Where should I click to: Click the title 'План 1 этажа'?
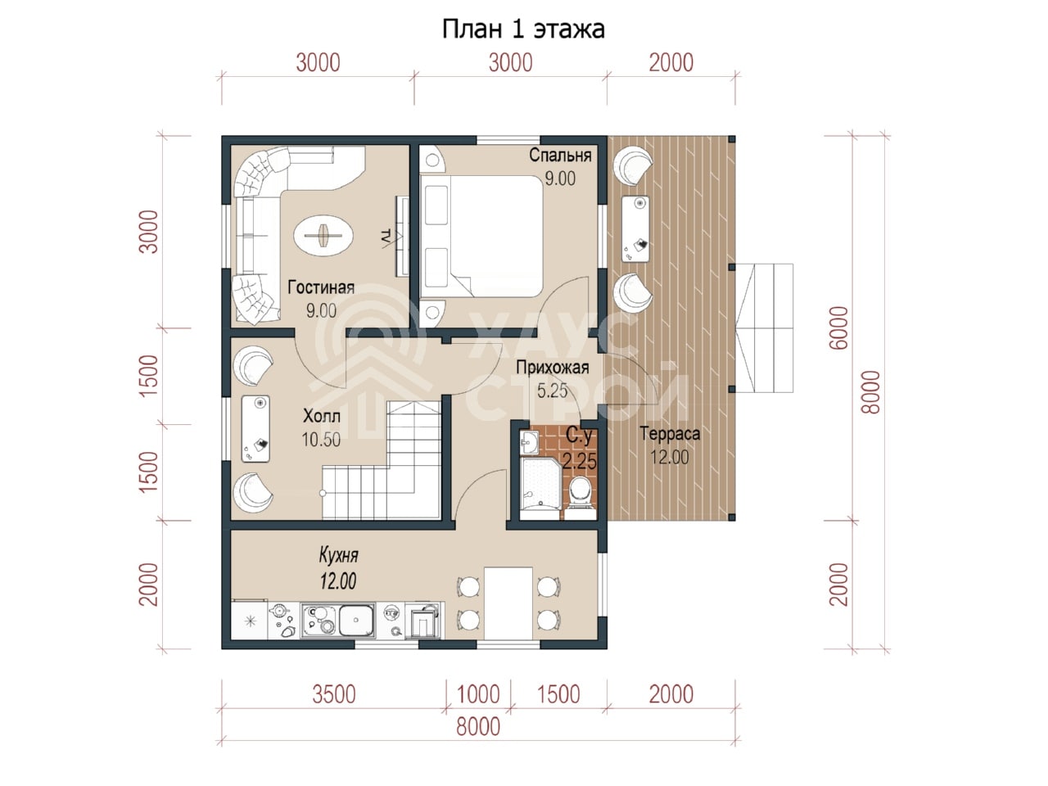(523, 29)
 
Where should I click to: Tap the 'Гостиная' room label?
(321, 287)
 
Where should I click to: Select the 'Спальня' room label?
(560, 155)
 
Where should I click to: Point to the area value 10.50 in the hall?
(321, 440)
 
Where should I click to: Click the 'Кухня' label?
(338, 555)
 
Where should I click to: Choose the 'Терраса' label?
(670, 434)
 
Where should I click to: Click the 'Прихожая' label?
(553, 368)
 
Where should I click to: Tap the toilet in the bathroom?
(580, 496)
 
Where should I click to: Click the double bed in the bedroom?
(481, 237)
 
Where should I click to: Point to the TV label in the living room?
(386, 238)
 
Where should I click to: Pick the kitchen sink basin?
(356, 621)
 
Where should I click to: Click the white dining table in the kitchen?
(508, 603)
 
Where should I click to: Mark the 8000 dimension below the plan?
(478, 727)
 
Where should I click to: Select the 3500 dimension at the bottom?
(334, 694)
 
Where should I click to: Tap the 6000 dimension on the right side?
(839, 327)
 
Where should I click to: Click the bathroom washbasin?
(528, 443)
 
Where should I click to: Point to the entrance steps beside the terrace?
(764, 327)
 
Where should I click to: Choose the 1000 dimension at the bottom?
(478, 694)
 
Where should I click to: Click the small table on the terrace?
(635, 228)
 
